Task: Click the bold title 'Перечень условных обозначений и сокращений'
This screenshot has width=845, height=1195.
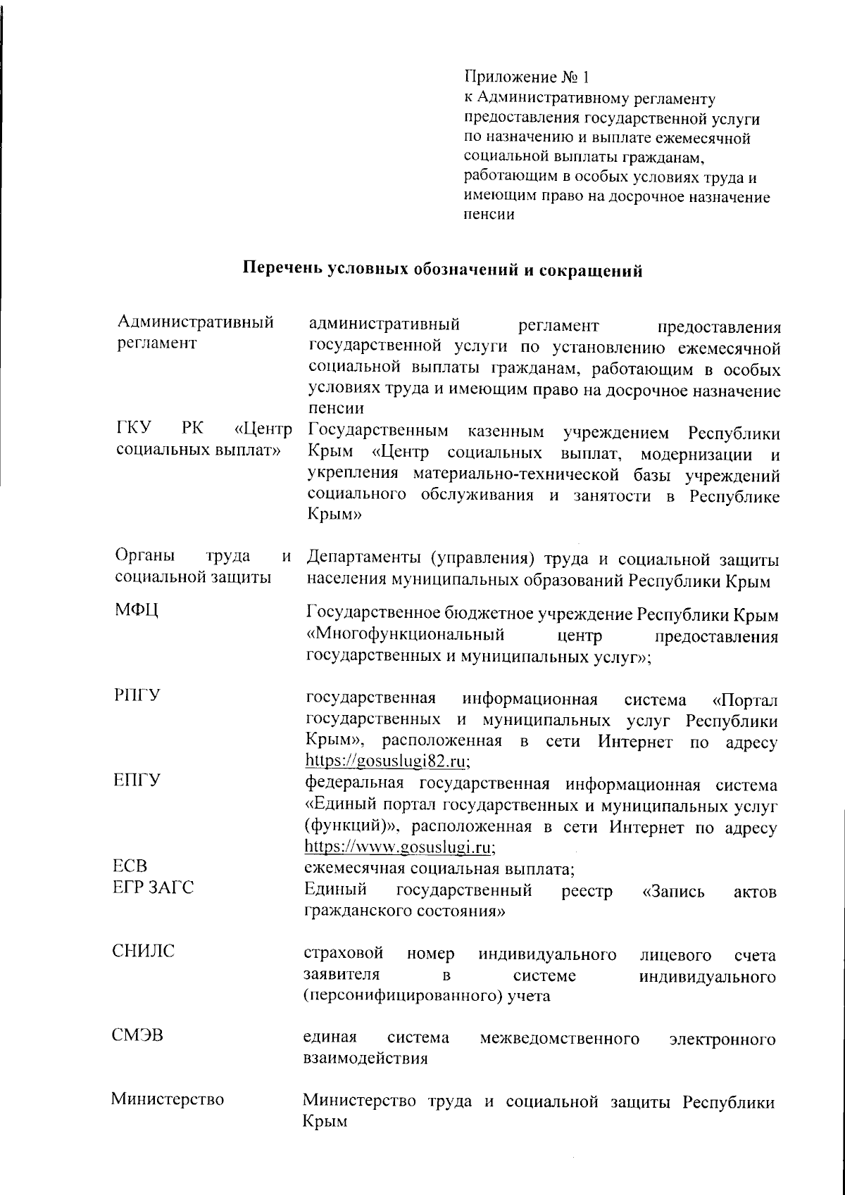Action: click(443, 269)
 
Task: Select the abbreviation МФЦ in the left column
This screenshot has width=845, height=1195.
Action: click(137, 609)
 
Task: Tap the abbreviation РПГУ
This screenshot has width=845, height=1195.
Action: click(137, 695)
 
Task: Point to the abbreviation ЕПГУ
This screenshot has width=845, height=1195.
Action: click(137, 780)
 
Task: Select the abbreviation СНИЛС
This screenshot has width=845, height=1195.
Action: click(144, 951)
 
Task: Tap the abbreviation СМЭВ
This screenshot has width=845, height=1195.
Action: click(138, 1036)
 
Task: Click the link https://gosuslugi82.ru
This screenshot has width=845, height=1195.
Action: click(387, 761)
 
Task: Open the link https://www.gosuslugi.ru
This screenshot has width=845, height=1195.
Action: click(399, 847)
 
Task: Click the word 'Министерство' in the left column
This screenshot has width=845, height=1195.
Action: click(168, 1099)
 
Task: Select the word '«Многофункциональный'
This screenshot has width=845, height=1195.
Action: click(406, 636)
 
